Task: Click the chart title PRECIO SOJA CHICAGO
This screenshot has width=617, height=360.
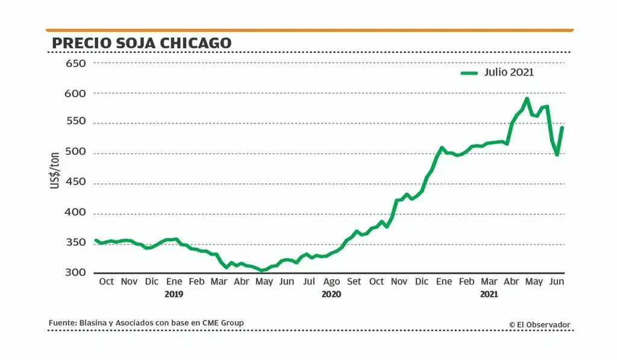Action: [x=142, y=43]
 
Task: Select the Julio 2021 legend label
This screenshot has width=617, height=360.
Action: [x=509, y=72]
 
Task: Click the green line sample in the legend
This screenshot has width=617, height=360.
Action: [x=469, y=73]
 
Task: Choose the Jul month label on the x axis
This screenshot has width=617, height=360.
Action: [x=308, y=282]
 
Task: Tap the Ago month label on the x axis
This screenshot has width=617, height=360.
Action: [x=331, y=282]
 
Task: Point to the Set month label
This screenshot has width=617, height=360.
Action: [x=354, y=282]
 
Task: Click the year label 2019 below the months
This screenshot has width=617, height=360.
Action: [x=174, y=295]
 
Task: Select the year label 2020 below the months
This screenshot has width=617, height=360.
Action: [x=331, y=295]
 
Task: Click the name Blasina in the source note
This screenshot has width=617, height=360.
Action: [x=94, y=323]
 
